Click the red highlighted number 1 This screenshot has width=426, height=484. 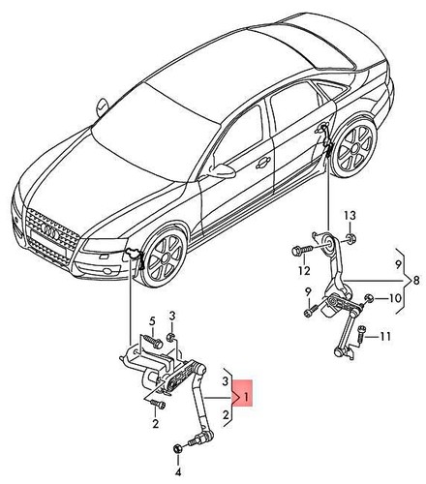coord(246,398)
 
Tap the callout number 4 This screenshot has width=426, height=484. coord(178,472)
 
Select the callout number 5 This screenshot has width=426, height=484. coord(152,320)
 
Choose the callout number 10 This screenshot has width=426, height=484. coord(395,299)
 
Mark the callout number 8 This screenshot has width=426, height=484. coord(417,281)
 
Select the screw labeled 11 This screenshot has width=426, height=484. coord(360,337)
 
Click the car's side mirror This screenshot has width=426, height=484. coord(224,171)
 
